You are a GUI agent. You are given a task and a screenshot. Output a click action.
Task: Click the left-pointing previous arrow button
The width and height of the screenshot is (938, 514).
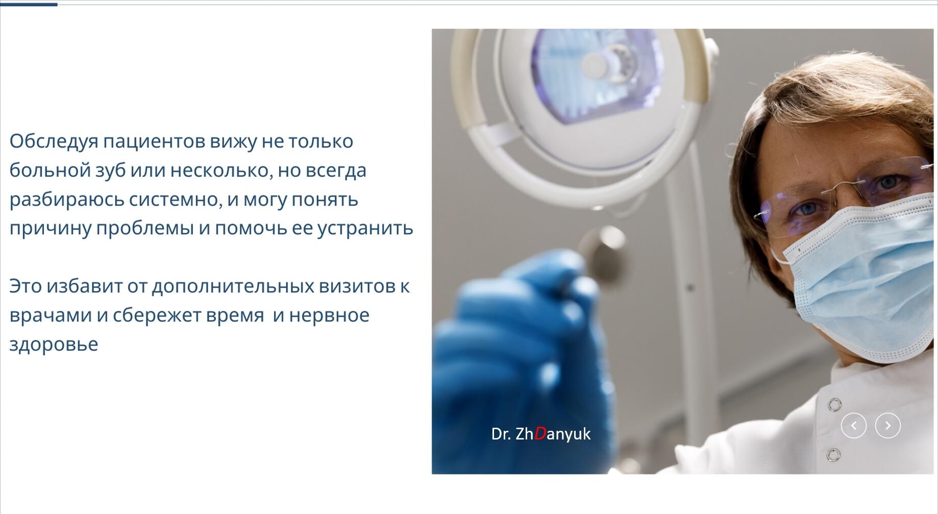(854, 426)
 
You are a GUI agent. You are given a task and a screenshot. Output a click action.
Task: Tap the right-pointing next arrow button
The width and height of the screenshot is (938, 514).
(888, 426)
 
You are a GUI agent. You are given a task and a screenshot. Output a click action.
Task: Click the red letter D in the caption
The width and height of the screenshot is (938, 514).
(540, 434)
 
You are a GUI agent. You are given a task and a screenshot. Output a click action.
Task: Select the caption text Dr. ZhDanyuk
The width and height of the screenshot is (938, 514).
(541, 434)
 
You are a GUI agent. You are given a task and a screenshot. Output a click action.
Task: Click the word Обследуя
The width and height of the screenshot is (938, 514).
(54, 141)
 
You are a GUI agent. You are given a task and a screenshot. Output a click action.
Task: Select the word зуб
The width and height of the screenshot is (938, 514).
(110, 170)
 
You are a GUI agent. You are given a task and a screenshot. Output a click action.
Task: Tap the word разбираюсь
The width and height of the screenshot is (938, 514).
(66, 200)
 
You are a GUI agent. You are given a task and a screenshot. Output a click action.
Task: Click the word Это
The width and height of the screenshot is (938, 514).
(26, 286)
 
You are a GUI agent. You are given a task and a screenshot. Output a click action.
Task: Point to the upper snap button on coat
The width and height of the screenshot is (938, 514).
(834, 405)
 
